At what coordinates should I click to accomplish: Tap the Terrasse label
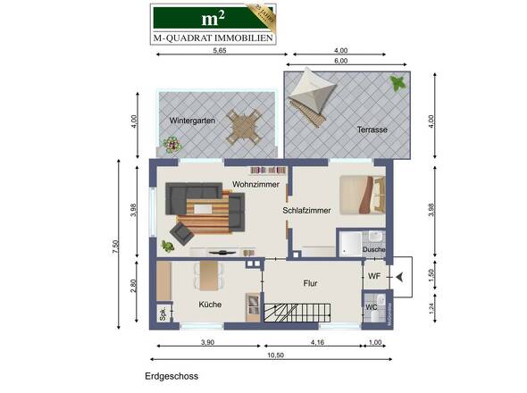[372, 130]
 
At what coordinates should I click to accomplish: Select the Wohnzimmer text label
[255, 184]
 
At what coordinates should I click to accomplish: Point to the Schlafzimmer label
[307, 211]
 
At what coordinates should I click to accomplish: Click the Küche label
[210, 305]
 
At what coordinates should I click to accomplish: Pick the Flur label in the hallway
[311, 283]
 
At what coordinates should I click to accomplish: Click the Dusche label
[374, 250]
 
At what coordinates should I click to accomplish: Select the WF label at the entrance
[374, 277]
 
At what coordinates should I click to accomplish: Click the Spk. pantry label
[163, 314]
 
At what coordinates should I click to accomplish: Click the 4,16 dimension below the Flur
[316, 341]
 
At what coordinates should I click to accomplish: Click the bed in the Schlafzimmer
[361, 195]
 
